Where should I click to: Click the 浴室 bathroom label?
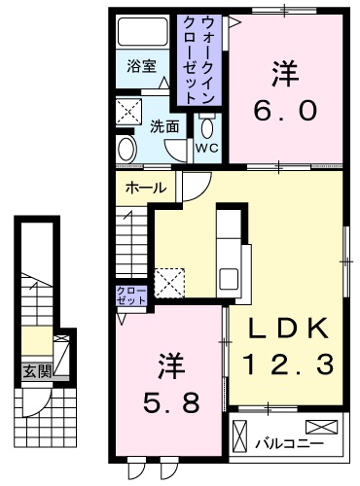(x=141, y=66)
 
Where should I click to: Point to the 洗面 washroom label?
(x=164, y=125)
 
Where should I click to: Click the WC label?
(x=207, y=147)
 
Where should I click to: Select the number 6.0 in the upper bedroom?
(x=285, y=110)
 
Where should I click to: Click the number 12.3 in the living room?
(x=289, y=364)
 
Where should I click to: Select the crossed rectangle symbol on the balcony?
(x=325, y=427)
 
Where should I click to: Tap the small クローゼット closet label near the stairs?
(x=130, y=295)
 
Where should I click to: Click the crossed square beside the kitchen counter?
(x=170, y=281)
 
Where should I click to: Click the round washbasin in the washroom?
(x=126, y=149)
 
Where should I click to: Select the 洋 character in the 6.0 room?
(x=285, y=74)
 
